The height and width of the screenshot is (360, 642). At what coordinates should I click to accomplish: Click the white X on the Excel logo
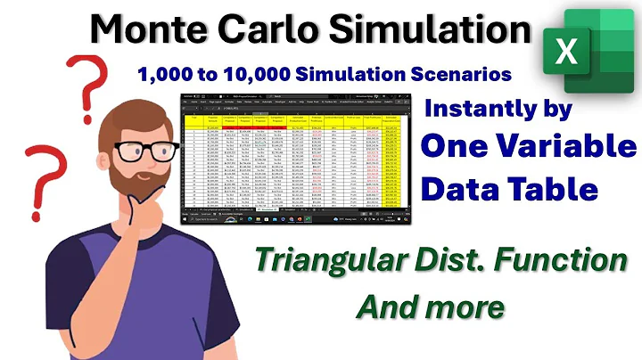click(566, 51)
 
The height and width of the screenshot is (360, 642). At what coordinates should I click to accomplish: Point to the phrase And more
click(431, 307)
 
